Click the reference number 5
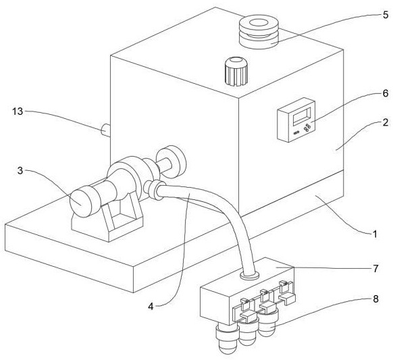click(385, 15)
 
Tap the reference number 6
click(385, 93)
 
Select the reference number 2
click(385, 122)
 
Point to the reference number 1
click(375, 234)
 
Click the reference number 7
click(375, 269)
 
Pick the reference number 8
click(375, 299)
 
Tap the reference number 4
click(151, 306)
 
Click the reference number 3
click(20, 171)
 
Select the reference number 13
click(18, 111)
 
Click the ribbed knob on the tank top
click(236, 72)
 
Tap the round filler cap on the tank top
click(259, 31)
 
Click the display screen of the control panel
click(302, 115)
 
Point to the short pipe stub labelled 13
click(105, 130)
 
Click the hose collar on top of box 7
click(249, 275)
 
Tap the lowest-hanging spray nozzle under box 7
click(227, 340)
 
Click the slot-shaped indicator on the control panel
click(296, 132)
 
